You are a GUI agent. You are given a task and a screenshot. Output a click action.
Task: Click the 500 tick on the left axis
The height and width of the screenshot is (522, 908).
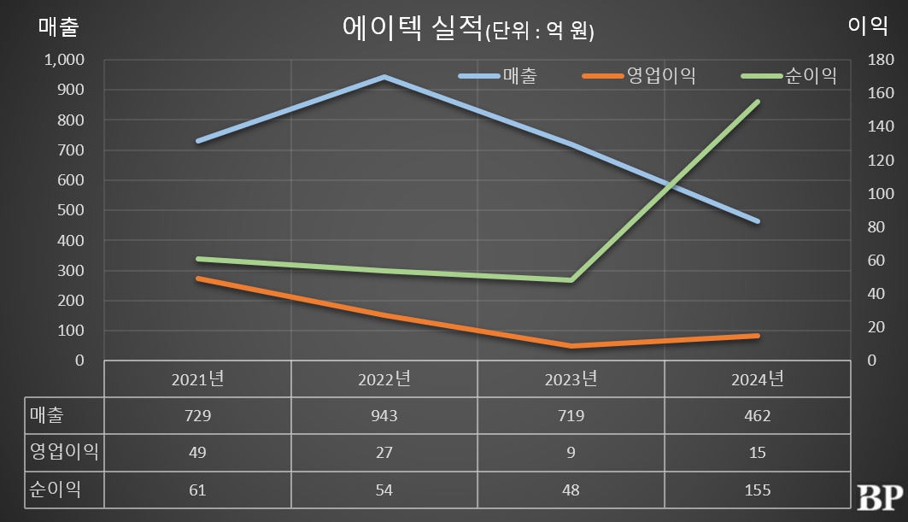(72, 210)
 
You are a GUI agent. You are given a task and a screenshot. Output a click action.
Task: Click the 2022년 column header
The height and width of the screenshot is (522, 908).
(384, 379)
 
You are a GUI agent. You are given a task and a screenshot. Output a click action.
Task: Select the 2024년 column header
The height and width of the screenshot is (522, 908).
(758, 379)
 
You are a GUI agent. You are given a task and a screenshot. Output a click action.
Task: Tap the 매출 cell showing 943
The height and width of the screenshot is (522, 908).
(384, 416)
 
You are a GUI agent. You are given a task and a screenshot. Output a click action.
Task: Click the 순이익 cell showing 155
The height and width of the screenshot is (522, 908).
(758, 490)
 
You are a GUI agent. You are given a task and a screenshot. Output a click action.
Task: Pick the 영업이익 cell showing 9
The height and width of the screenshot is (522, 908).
(571, 453)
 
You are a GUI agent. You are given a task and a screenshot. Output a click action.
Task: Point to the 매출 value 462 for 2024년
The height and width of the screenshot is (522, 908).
(758, 416)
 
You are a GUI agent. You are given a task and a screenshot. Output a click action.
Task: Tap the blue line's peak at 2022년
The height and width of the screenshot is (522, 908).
(384, 77)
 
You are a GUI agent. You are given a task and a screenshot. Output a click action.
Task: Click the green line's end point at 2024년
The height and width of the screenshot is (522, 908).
(758, 102)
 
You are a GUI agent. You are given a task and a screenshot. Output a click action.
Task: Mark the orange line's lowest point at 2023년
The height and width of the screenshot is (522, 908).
(571, 346)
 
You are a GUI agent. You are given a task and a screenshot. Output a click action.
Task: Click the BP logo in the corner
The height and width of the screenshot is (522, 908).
(877, 495)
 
